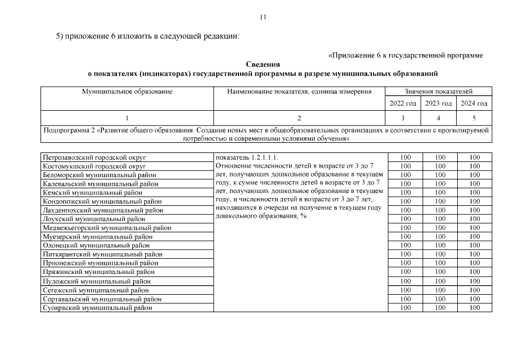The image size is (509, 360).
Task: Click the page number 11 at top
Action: pos(263,17)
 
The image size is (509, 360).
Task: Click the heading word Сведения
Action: pos(263,65)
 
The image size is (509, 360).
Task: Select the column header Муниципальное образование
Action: pos(127,91)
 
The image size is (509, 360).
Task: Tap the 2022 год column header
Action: pos(403,103)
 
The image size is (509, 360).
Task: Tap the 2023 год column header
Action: pos(438,103)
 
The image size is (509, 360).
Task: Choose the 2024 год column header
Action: pos(474,103)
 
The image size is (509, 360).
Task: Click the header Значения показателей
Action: pos(438,91)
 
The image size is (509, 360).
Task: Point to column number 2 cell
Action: pos(299,118)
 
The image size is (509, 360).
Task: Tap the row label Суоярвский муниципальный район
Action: pos(97,308)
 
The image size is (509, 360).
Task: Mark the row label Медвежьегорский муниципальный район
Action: pos(107,228)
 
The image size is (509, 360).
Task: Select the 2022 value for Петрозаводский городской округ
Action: pos(405,157)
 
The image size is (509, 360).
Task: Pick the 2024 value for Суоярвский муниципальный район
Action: pos(474,308)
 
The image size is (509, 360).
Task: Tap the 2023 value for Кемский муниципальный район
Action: pos(440,192)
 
